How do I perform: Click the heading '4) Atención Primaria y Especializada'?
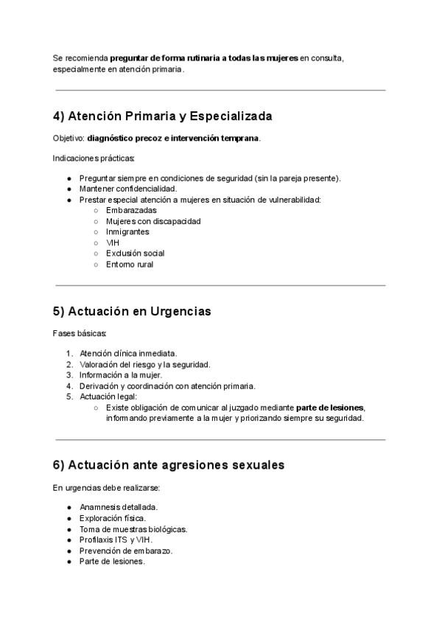click(x=163, y=116)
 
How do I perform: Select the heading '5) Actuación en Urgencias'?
click(x=132, y=311)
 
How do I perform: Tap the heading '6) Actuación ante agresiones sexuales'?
click(x=169, y=465)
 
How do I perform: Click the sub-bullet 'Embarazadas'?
click(x=131, y=210)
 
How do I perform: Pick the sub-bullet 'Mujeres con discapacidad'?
click(x=153, y=221)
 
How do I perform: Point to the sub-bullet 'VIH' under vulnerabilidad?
click(x=113, y=242)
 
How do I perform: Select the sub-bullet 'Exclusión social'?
click(x=136, y=254)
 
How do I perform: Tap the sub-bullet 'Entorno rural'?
click(x=130, y=265)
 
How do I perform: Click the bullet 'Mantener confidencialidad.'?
click(x=128, y=189)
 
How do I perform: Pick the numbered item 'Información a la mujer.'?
click(x=121, y=374)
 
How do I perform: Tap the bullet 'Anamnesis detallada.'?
click(x=119, y=507)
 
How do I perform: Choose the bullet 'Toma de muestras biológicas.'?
click(x=133, y=529)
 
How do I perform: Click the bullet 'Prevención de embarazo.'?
click(x=126, y=551)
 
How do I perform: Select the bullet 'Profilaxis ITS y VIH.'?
click(x=116, y=540)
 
